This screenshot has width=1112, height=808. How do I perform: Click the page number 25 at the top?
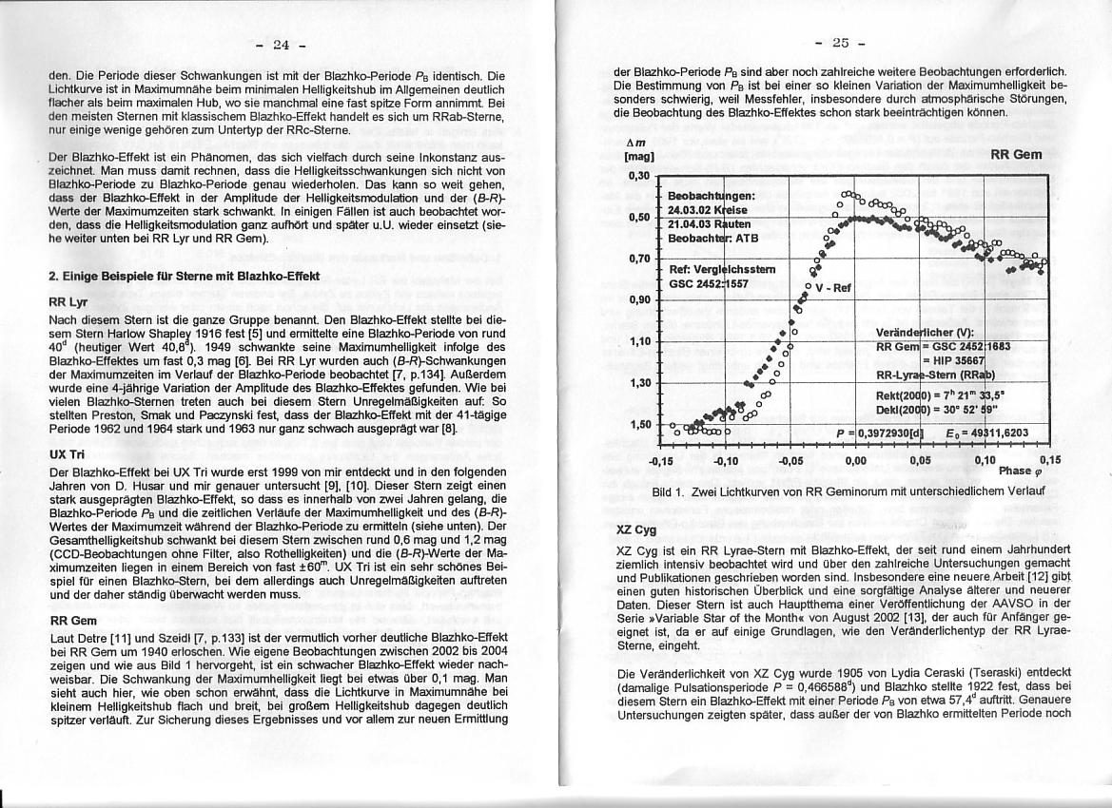(841, 42)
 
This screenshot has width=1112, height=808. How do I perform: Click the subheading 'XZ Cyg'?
(636, 529)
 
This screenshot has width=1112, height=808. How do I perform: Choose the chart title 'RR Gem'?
(1016, 154)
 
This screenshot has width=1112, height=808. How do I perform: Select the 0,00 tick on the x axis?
(855, 459)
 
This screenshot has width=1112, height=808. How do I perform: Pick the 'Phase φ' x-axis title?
(1024, 471)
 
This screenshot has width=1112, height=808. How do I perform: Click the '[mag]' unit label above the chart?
(633, 155)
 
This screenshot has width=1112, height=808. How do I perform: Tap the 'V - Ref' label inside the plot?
(834, 287)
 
